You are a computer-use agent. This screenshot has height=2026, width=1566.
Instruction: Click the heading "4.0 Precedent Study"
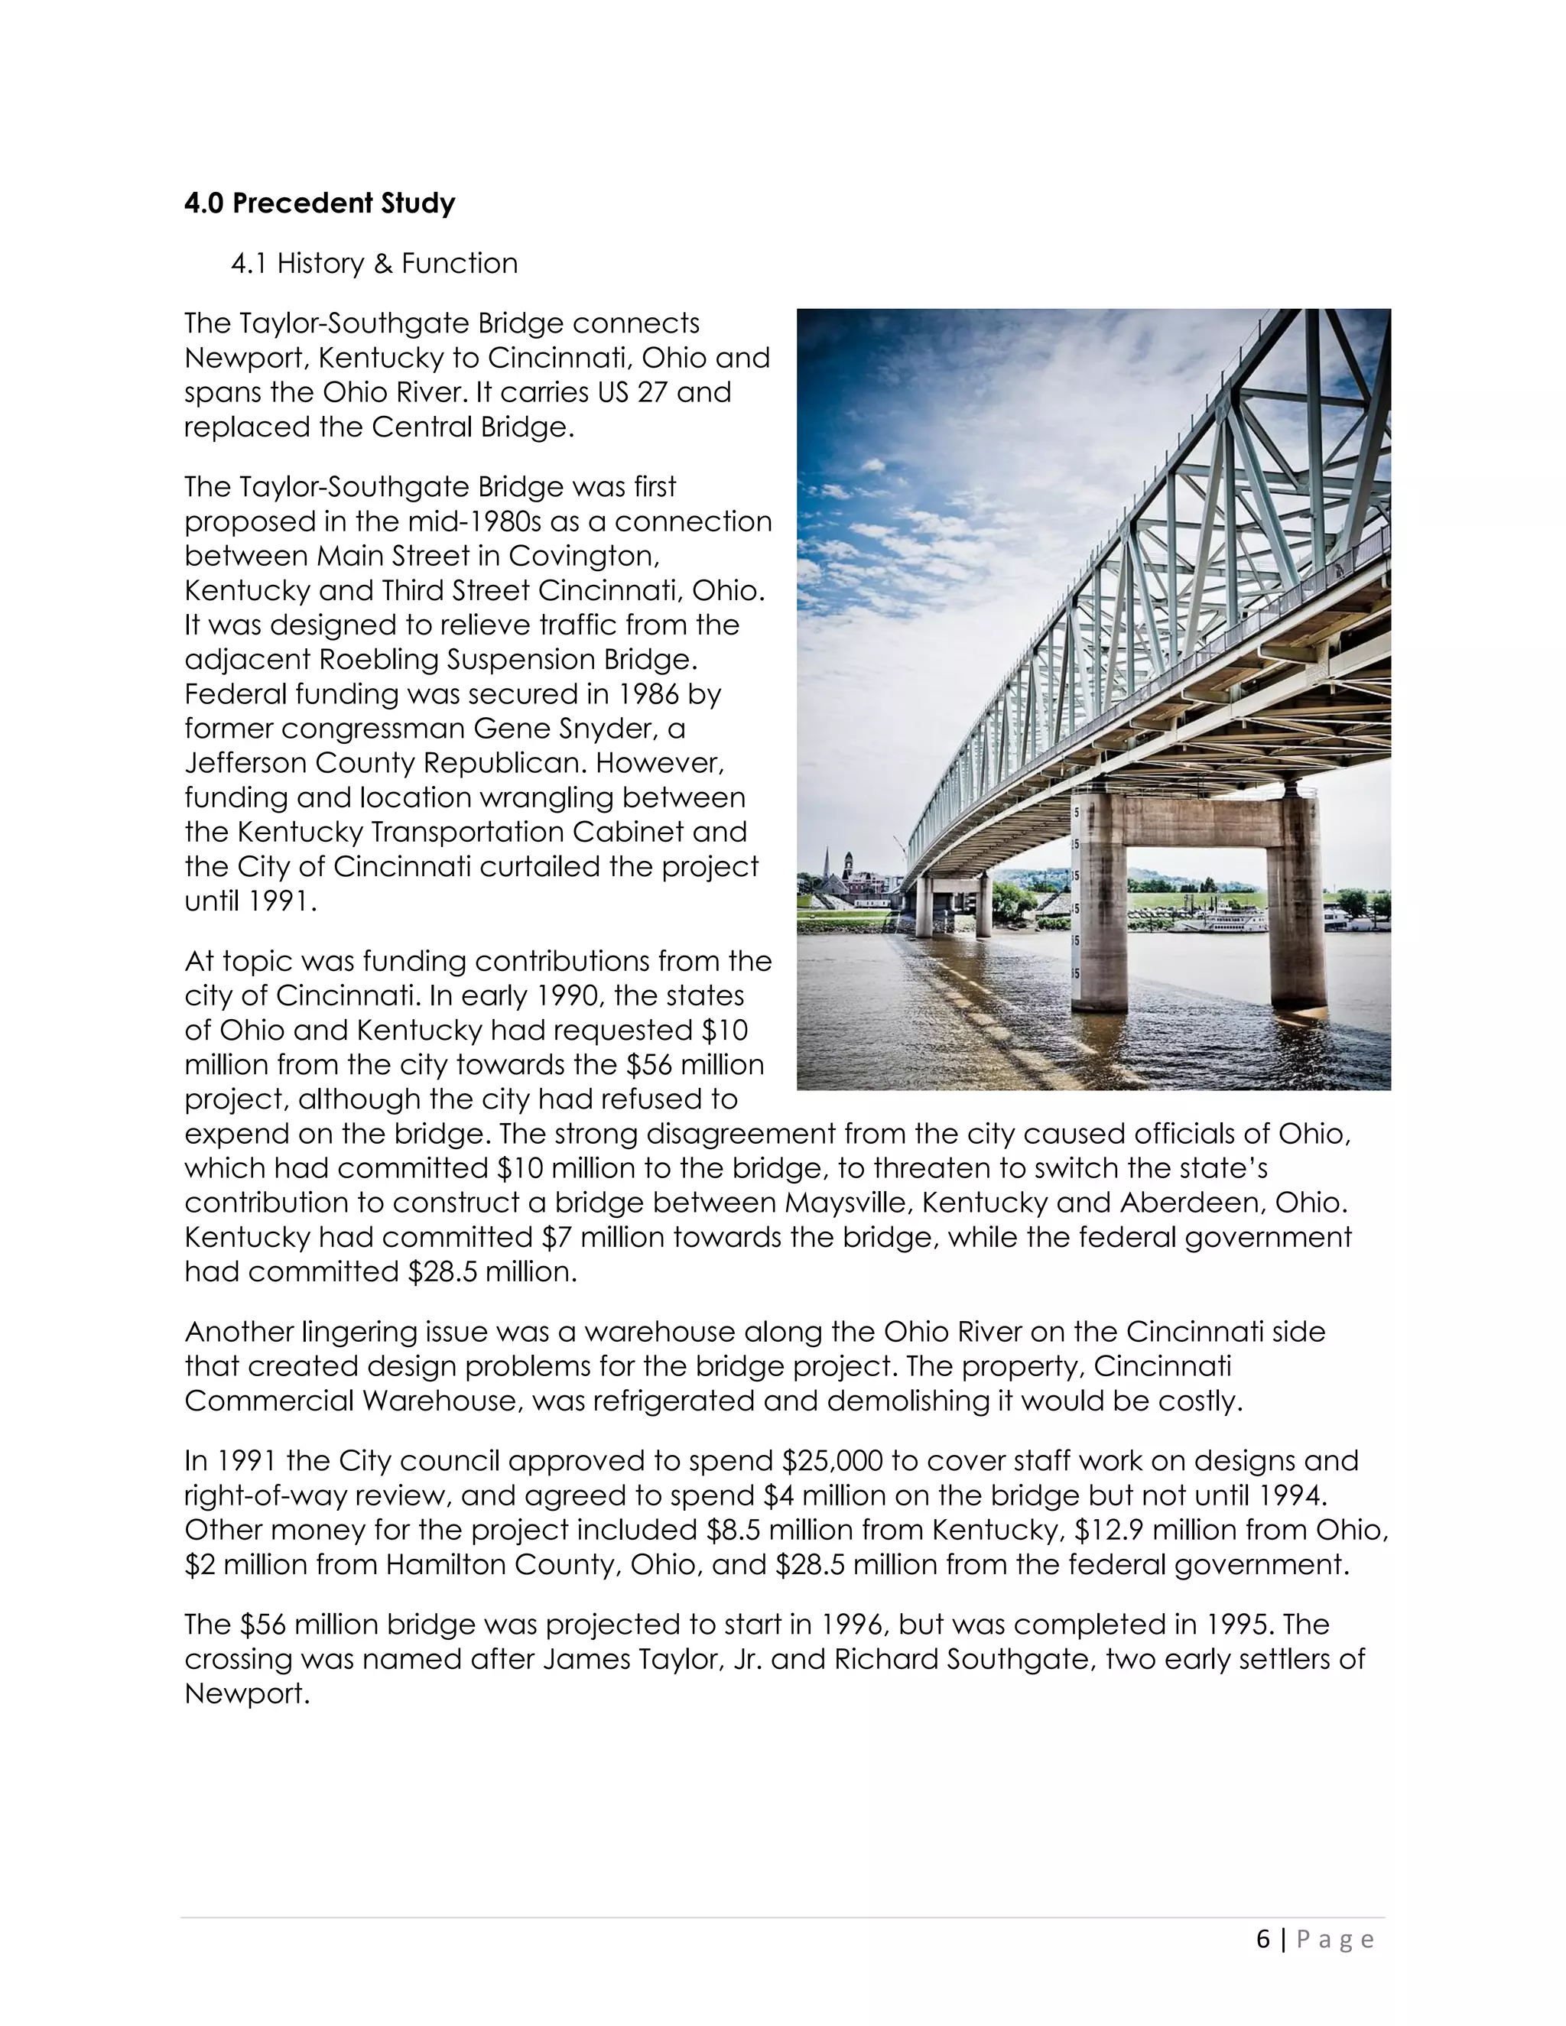(x=319, y=203)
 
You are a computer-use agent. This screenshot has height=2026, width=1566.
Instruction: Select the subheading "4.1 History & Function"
(x=374, y=264)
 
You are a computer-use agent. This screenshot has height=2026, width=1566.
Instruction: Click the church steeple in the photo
(x=825, y=868)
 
